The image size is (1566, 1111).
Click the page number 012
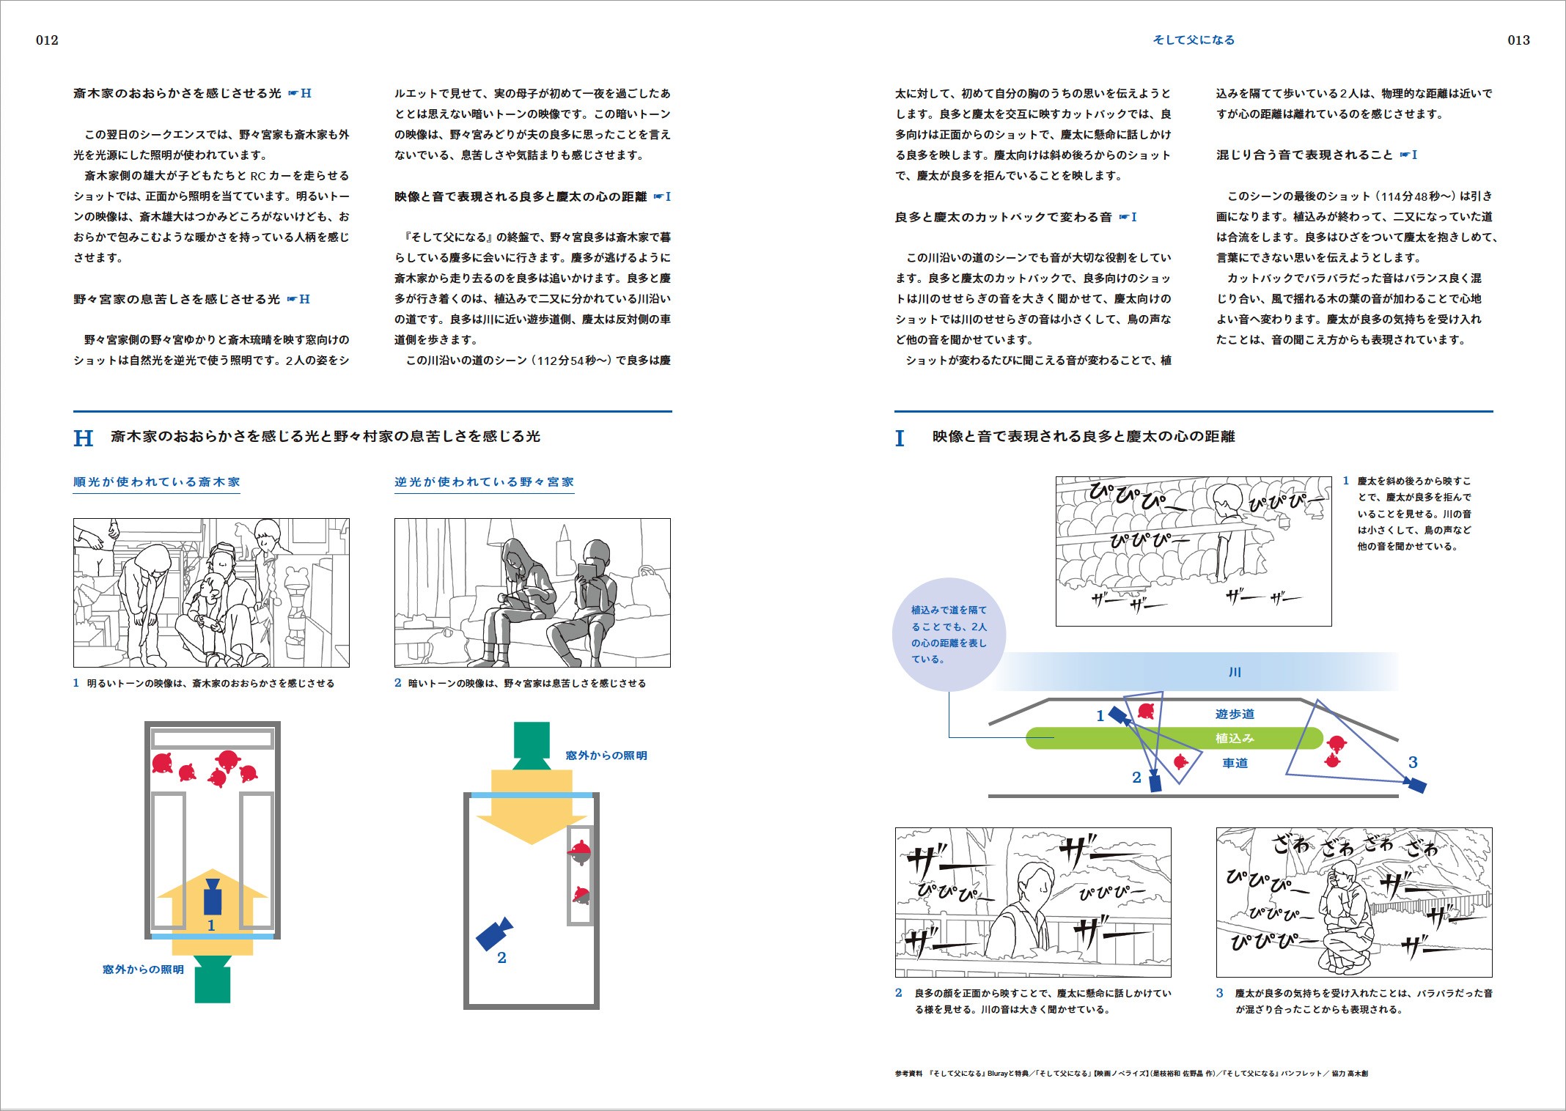pos(47,40)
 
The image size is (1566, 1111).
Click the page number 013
pos(1518,40)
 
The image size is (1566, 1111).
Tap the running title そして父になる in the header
pos(1194,40)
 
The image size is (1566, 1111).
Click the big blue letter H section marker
pos(83,438)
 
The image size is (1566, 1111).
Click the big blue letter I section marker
pos(900,438)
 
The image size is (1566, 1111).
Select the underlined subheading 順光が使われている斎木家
pos(157,482)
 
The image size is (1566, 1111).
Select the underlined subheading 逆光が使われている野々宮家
pos(484,482)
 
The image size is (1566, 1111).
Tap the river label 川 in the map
pos(1235,672)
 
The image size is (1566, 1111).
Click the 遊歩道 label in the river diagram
pos(1235,714)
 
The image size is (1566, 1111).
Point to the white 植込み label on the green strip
pos(1235,738)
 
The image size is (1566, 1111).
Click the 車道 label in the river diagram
pos(1235,763)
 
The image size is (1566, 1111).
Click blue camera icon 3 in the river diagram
pos(1416,784)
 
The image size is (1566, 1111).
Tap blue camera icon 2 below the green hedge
pos(1155,782)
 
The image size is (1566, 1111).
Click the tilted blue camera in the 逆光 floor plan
pos(494,934)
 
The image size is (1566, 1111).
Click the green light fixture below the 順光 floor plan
pos(213,979)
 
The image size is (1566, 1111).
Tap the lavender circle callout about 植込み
pos(949,635)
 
